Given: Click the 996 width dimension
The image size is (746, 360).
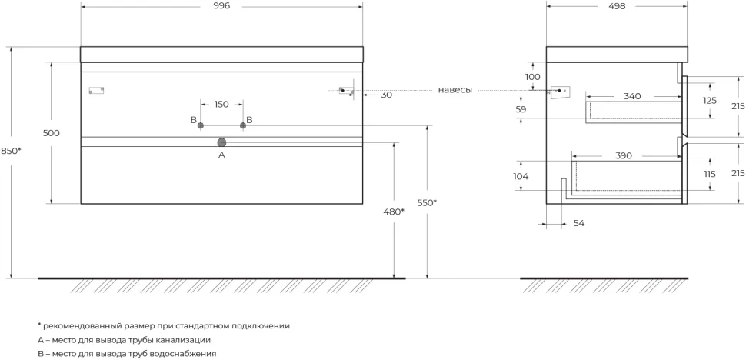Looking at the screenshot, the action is [x=221, y=6].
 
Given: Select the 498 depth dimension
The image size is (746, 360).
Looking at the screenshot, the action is [x=617, y=6].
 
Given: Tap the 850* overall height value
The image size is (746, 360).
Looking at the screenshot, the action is [x=11, y=151].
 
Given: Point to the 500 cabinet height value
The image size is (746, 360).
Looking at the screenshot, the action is [x=52, y=133].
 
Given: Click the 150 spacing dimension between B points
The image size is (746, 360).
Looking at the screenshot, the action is [x=221, y=104].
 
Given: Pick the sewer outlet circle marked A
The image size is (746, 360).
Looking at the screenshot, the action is [x=221, y=142].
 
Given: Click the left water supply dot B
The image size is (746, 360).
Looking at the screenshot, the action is [x=201, y=125].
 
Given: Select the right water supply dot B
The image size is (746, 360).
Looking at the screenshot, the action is [x=243, y=125].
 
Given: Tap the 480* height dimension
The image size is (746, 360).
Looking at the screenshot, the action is [x=394, y=211].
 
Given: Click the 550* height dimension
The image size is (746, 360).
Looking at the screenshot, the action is [x=427, y=202].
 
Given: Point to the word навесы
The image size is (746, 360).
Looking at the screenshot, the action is [x=455, y=90].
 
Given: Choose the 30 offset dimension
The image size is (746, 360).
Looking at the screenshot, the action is [x=387, y=95].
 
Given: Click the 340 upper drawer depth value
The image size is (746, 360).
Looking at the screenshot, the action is [x=632, y=97].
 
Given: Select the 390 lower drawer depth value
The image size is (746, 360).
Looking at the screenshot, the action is [x=624, y=156].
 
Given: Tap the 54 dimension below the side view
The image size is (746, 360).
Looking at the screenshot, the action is [x=578, y=224].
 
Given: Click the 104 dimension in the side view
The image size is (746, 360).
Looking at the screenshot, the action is [x=521, y=176].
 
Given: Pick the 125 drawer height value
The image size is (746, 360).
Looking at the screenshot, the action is [x=710, y=101].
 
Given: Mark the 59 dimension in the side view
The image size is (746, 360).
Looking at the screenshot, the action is [x=521, y=109].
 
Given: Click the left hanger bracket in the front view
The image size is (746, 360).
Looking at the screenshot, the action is [x=97, y=90].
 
